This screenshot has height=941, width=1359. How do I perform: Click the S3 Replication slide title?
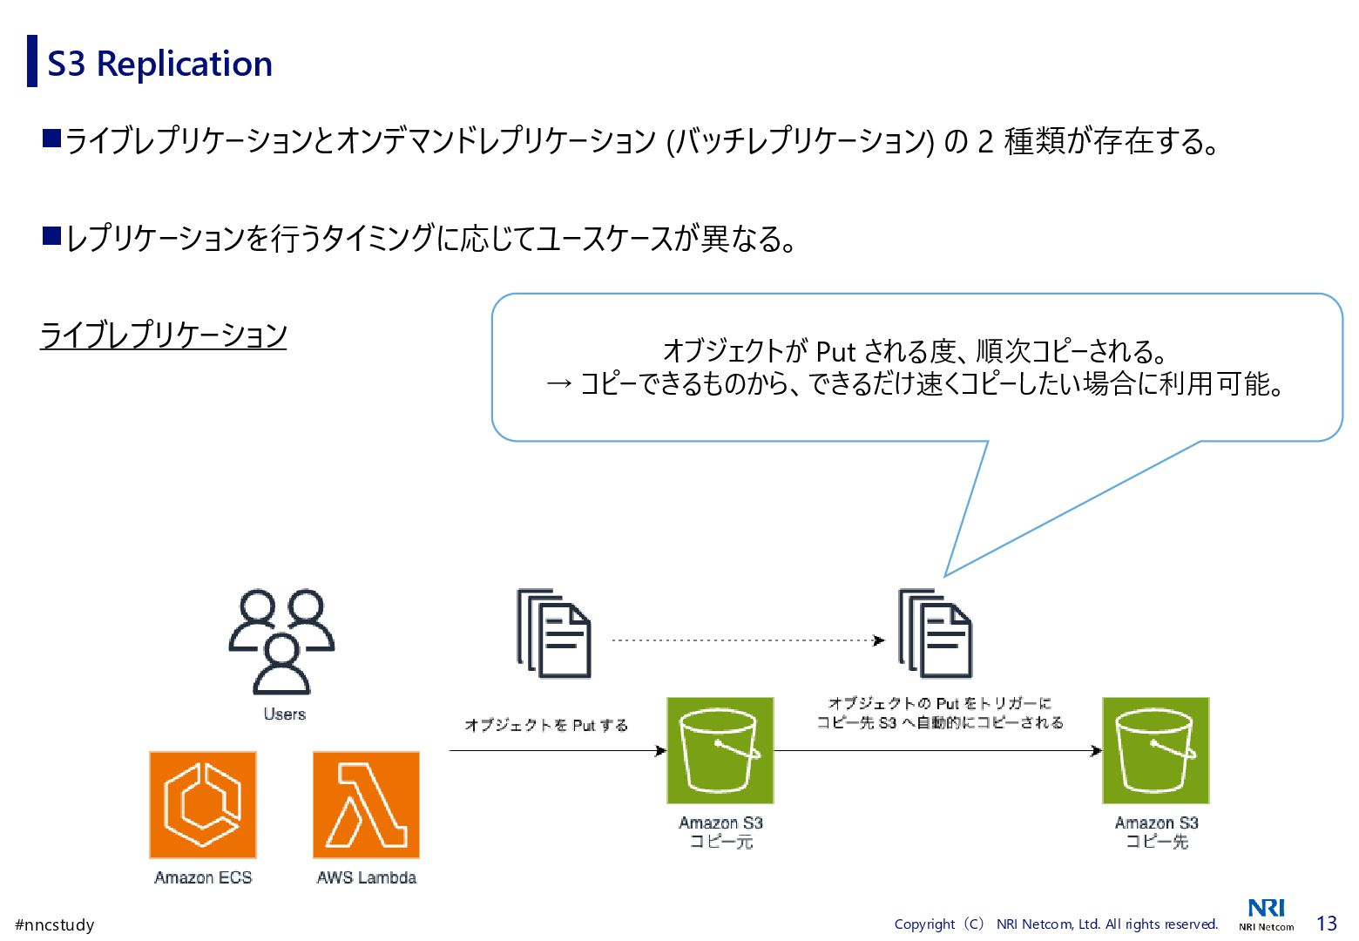159,64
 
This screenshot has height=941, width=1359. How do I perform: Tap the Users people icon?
281,641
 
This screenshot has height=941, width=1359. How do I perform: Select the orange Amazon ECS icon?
203,805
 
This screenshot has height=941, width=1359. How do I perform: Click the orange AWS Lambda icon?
366,805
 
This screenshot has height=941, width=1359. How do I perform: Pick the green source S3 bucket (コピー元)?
720,750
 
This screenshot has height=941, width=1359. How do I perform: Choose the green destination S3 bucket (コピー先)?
1155,750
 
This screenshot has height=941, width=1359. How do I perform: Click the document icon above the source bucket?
554,633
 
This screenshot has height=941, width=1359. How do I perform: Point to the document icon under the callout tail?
936,633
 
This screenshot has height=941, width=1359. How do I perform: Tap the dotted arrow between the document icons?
747,640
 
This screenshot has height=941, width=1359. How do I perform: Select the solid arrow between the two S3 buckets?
936,750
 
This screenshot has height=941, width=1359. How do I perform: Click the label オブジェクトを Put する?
546,725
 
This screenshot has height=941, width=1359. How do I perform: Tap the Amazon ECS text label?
203,877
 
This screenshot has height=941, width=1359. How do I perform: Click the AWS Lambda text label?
366,877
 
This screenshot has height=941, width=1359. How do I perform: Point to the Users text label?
285,714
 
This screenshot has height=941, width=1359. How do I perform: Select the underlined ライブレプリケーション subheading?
164,335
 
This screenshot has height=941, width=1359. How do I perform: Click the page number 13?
1326,924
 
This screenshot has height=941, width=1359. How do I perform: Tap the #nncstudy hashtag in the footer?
55,924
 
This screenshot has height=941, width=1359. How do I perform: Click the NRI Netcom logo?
1266,914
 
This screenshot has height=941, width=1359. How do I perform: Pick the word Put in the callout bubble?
835,351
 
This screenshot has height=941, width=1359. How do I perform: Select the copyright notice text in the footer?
1056,924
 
